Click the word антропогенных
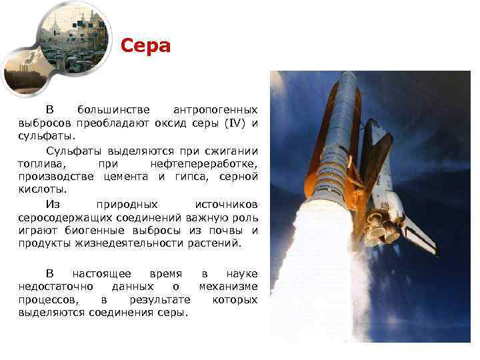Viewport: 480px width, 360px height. point(215,109)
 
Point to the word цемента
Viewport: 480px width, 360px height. point(128,177)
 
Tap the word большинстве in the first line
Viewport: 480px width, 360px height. point(105,109)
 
